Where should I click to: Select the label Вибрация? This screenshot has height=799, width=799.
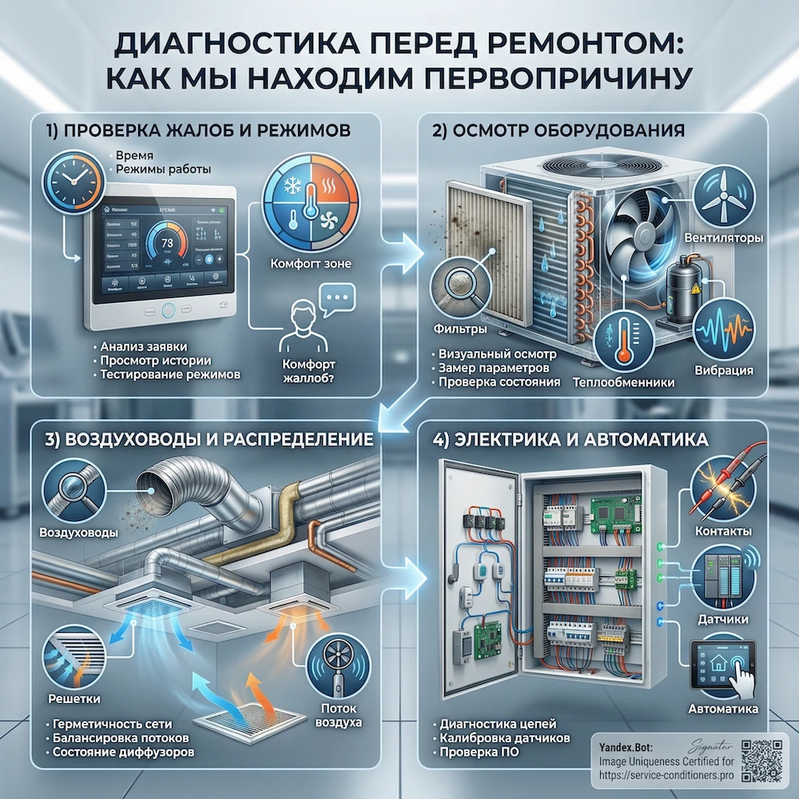point(724,370)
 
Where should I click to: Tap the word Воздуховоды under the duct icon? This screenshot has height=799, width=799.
point(74,533)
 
